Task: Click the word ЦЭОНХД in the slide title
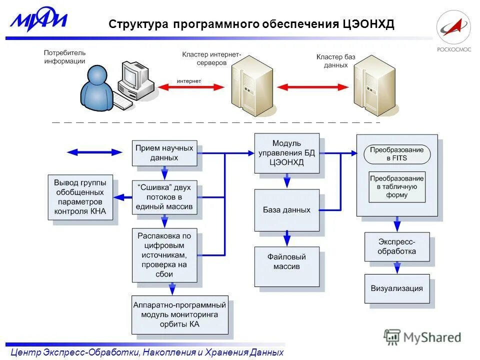(368, 24)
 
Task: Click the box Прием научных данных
(164, 152)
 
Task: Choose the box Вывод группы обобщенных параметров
(80, 197)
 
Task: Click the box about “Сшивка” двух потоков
(164, 197)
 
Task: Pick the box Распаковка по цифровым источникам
(164, 255)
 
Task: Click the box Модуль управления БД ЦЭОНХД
(286, 152)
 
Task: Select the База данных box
(286, 210)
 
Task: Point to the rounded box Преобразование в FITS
(396, 154)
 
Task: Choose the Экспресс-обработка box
(396, 246)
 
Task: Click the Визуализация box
(396, 288)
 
